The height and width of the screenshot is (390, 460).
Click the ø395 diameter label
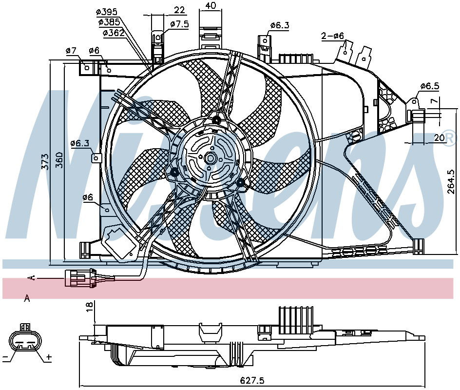tap(107, 12)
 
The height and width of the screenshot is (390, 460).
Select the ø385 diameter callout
tap(109, 22)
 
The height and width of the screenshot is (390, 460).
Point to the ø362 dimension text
tap(114, 33)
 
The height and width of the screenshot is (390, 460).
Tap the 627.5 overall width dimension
tap(252, 381)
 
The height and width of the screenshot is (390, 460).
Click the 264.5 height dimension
tap(451, 182)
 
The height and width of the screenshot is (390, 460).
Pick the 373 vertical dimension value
tap(45, 161)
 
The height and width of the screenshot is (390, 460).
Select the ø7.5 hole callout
tap(179, 24)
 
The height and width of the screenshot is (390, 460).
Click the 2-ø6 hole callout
tap(332, 36)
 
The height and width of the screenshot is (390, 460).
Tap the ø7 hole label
tap(71, 51)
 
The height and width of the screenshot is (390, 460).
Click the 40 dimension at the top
tap(211, 5)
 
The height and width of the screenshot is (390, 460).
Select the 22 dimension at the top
tap(179, 10)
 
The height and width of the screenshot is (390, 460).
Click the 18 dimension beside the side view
tap(90, 306)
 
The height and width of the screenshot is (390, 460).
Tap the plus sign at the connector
tap(49, 357)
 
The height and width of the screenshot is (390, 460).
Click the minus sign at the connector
tap(5, 357)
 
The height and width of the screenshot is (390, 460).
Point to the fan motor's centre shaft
tap(210, 158)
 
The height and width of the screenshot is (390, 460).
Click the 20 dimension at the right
tap(439, 137)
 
